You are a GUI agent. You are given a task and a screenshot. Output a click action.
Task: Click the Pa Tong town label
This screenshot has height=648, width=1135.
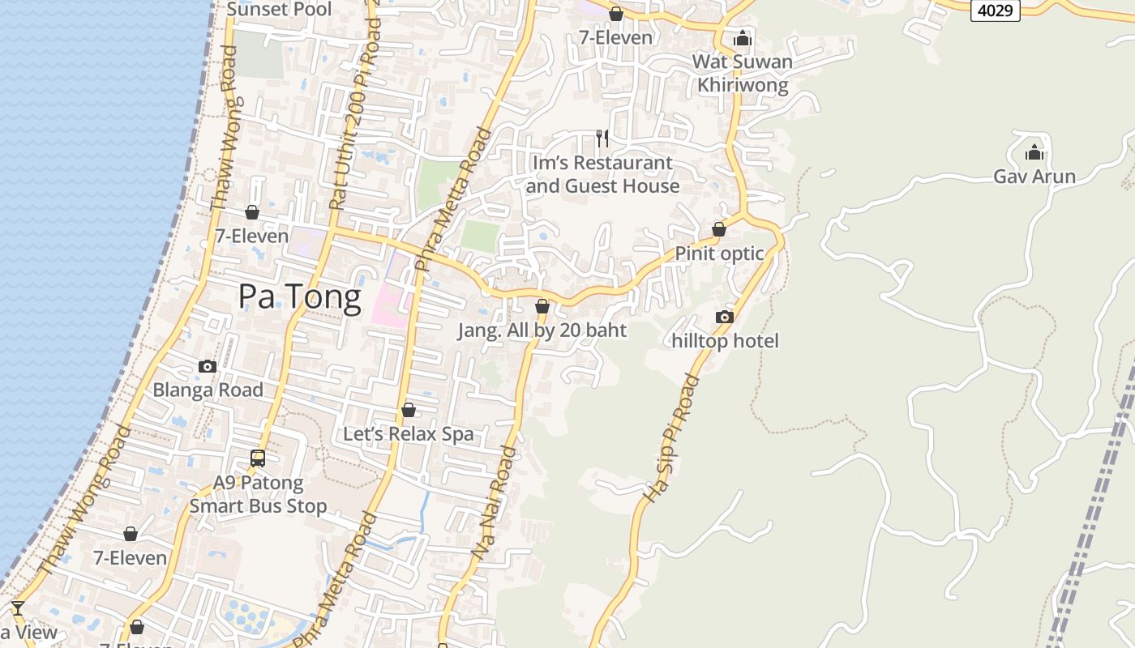tap(299, 297)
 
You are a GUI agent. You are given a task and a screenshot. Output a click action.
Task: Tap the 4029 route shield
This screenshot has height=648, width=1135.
tap(995, 11)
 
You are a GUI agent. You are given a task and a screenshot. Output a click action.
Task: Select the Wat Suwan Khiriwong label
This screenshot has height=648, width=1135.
tap(743, 73)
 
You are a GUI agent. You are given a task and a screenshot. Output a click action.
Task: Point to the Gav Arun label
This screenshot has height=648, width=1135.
tap(1034, 177)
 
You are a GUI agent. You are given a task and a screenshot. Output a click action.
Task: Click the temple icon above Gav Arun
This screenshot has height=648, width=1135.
tap(1034, 152)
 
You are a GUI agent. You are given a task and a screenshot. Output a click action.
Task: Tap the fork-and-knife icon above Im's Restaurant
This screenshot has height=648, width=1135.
tap(602, 139)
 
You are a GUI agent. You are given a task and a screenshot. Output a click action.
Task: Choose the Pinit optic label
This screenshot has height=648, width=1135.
tap(719, 254)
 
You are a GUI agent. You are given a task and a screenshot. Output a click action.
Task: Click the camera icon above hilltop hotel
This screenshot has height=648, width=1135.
tap(725, 317)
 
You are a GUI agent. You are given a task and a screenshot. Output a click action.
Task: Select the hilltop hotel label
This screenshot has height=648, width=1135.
tap(725, 341)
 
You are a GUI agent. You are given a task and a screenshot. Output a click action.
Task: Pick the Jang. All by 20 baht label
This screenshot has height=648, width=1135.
tap(542, 330)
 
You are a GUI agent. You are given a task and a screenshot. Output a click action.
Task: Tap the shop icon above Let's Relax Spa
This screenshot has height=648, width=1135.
tap(409, 410)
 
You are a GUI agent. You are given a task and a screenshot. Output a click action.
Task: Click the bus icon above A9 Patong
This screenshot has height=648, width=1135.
tap(258, 458)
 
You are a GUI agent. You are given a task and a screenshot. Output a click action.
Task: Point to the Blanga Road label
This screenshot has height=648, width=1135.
tap(208, 390)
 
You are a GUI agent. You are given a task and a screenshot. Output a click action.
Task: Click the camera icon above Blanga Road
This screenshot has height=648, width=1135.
tap(208, 366)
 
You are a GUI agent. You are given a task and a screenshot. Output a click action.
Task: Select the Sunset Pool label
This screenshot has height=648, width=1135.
tap(279, 10)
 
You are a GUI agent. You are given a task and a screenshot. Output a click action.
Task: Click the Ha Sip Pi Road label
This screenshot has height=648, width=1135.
tap(671, 437)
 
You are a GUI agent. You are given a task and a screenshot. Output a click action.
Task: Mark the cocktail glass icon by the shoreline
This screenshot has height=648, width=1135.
tap(17, 607)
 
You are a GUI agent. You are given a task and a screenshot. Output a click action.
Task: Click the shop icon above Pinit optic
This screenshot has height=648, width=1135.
tap(719, 229)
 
